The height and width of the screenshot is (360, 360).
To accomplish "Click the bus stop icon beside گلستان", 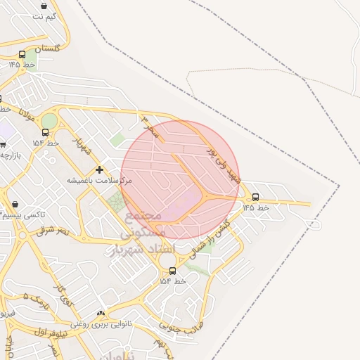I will pyautogui.click(x=22, y=54).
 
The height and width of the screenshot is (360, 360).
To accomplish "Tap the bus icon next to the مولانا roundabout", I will pyautogui.click(x=45, y=132).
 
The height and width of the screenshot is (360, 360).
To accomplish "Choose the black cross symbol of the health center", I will pyautogui.click(x=100, y=169).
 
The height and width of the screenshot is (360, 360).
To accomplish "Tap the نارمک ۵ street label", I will pyautogui.click(x=37, y=301).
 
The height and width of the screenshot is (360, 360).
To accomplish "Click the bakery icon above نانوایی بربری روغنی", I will pyautogui.click(x=101, y=314).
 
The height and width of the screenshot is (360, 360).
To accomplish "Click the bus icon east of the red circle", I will pyautogui.click(x=255, y=198).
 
